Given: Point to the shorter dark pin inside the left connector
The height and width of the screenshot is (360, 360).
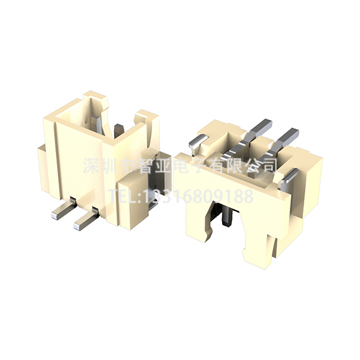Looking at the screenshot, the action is point(119,130).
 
